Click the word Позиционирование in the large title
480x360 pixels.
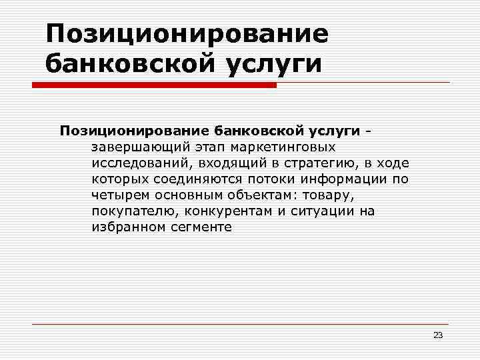187,34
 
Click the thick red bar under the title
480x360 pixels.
153,85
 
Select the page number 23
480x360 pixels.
437,335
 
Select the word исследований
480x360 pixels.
137,163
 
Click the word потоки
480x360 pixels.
272,179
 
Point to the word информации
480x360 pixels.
344,179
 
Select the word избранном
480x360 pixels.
125,227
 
